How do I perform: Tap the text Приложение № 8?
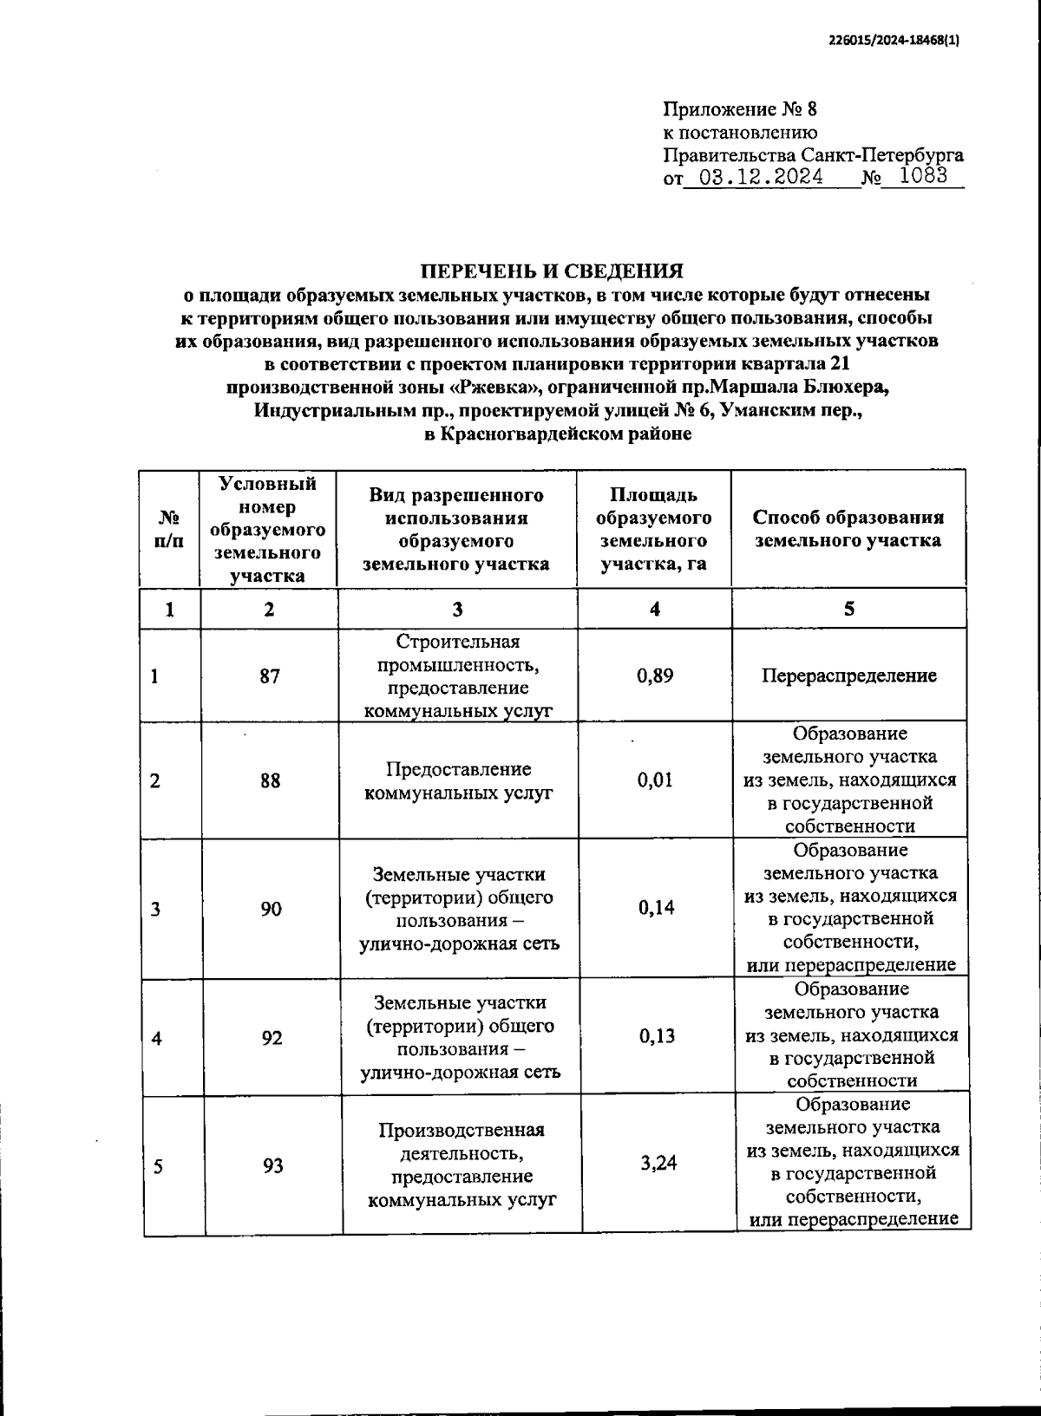point(740,109)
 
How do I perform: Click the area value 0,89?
point(655,675)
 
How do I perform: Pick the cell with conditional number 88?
point(270,780)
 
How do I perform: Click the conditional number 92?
point(272,1037)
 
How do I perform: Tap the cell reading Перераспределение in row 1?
point(848,675)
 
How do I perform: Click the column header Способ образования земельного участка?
point(848,529)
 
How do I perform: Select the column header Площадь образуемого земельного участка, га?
point(655,529)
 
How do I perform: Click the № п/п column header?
point(170,529)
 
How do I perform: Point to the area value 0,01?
point(655,780)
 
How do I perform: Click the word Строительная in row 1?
point(457,642)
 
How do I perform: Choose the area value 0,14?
point(657,908)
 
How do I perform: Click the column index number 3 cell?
point(457,609)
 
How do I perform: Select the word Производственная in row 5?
point(461,1131)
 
